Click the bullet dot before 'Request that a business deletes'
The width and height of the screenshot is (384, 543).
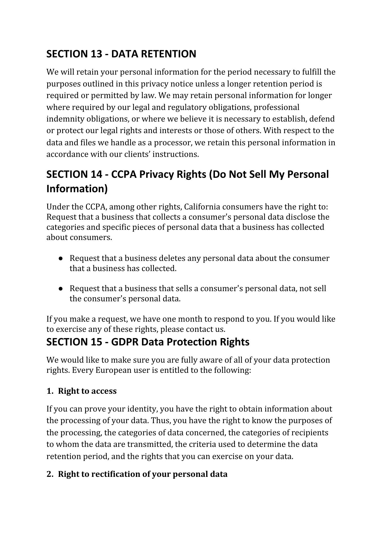pyautogui.click(x=61, y=258)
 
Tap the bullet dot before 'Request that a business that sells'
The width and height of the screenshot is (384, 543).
pyautogui.click(x=61, y=289)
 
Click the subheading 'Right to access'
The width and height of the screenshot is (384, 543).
pyautogui.click(x=87, y=391)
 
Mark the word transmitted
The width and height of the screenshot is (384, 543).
pyautogui.click(x=150, y=444)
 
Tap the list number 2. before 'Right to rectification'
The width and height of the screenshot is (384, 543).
pyautogui.click(x=50, y=474)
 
